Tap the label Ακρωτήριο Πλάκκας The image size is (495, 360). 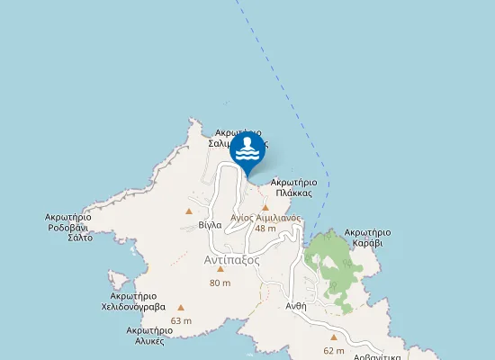(294, 187)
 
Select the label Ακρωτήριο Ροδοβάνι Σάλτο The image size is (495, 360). (68, 227)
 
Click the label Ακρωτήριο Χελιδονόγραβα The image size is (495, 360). (133, 301)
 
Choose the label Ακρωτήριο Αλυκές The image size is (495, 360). (144, 336)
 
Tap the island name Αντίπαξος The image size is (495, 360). (231, 259)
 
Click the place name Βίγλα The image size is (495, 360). (210, 224)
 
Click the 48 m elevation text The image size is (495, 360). (265, 229)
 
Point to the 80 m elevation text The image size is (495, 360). (220, 283)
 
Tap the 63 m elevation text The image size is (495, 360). (181, 320)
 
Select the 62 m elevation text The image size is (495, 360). (334, 350)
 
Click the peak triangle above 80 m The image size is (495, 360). (220, 268)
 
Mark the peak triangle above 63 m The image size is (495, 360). (181, 307)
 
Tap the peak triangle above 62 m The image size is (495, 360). (334, 337)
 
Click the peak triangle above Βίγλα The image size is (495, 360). (189, 211)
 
